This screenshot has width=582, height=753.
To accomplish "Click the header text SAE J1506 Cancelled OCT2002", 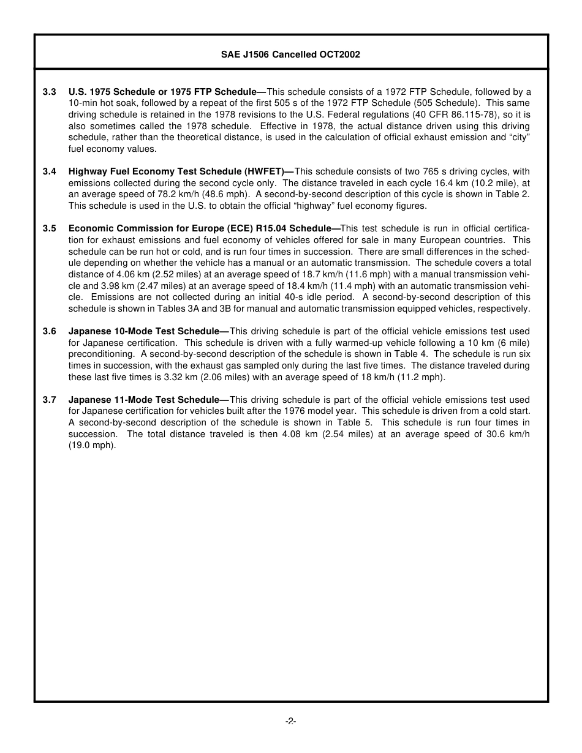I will (x=290, y=54).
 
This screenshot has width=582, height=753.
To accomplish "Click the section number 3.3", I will (x=50, y=92).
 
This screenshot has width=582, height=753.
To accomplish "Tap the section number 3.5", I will (x=50, y=228).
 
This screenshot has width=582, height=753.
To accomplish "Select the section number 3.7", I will (x=50, y=400).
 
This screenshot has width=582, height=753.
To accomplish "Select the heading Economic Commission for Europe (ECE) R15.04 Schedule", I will (x=200, y=228).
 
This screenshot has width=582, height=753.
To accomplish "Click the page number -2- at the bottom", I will (x=290, y=722).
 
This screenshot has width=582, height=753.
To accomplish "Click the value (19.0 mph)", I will (x=92, y=446).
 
